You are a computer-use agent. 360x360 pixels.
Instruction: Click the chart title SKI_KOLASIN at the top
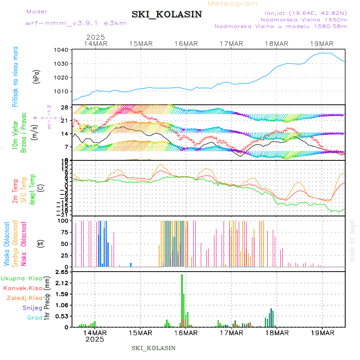[x=167, y=14]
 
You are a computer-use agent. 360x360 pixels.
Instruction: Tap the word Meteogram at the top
[x=233, y=4]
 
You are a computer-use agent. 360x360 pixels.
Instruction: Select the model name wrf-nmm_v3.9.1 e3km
[x=76, y=23]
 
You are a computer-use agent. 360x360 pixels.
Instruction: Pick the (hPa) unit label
[x=37, y=76]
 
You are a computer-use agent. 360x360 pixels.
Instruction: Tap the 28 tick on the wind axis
[x=64, y=107]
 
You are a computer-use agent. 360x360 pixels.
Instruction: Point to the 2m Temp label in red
[x=15, y=191]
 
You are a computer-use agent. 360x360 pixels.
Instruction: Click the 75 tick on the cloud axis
[x=62, y=232]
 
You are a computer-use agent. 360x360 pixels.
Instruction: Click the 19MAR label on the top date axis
[x=322, y=44]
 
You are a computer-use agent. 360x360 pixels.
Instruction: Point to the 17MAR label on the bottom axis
[x=231, y=333]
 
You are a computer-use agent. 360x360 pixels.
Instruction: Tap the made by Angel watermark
[x=352, y=240]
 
